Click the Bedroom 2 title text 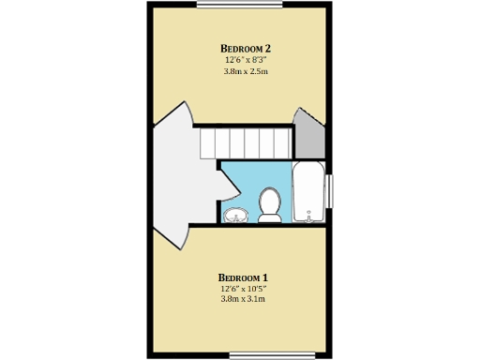point(246,48)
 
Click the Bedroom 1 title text point(244,277)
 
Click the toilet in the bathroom point(270,204)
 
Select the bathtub point(308,192)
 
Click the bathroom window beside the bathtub point(330,191)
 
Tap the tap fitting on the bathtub point(307,216)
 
